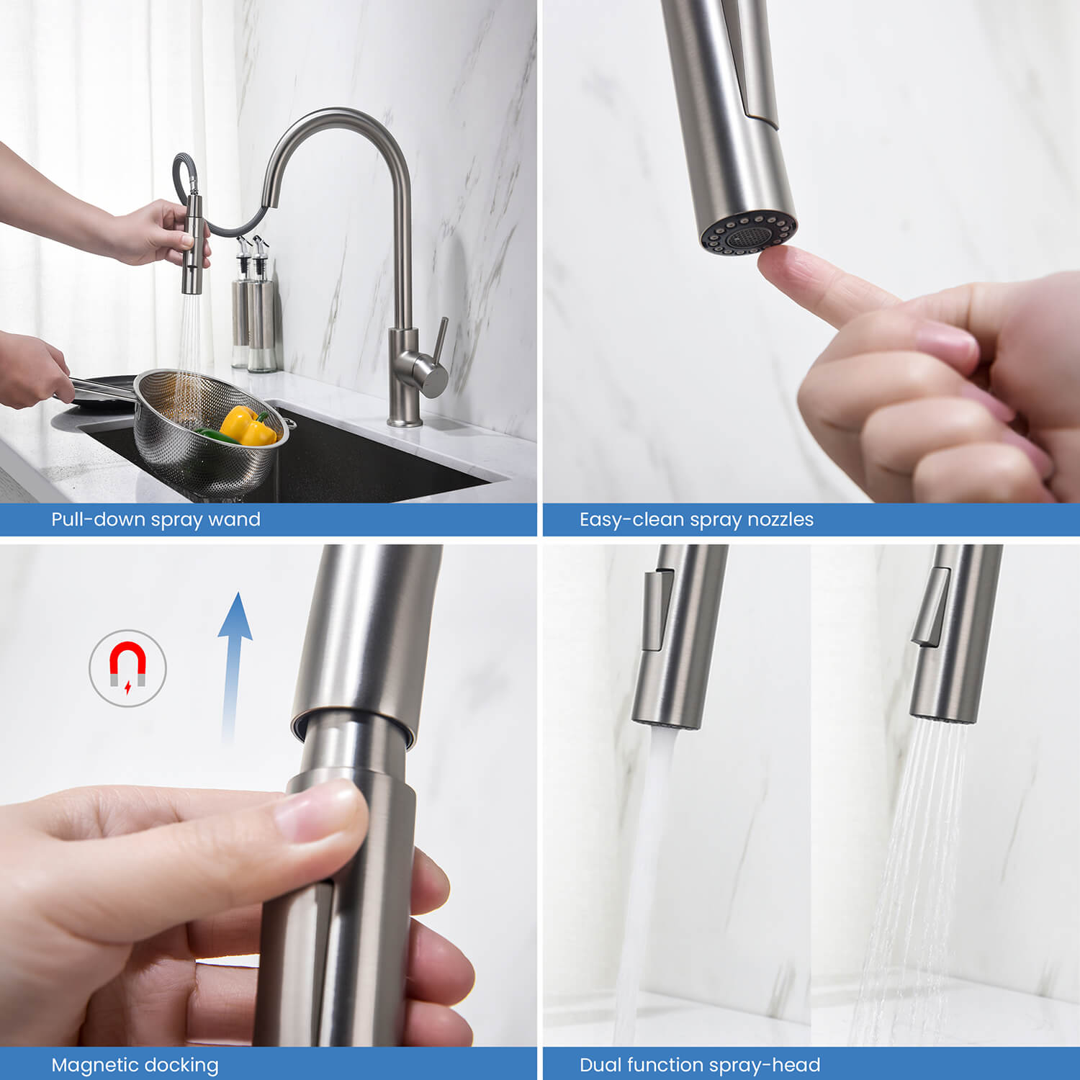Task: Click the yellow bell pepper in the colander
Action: coord(246,426)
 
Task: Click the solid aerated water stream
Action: coord(644,864)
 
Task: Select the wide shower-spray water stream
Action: coord(914,864)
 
